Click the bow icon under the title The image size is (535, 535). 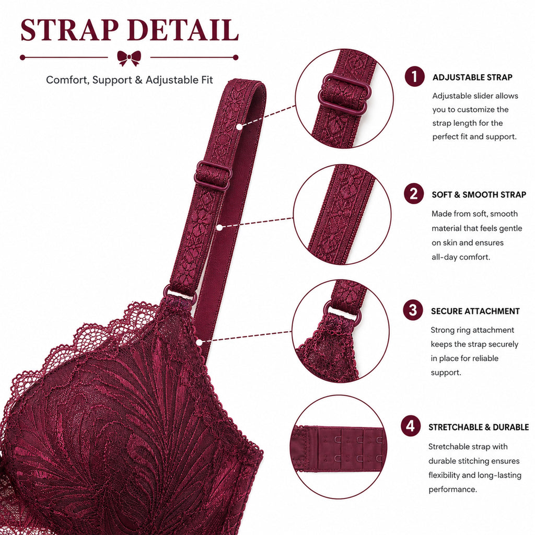click(x=129, y=57)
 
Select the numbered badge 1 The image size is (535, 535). click(x=414, y=76)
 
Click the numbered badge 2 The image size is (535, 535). click(x=414, y=194)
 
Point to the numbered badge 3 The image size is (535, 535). click(x=413, y=310)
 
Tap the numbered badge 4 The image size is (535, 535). click(x=411, y=426)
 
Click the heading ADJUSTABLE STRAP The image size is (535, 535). click(x=472, y=77)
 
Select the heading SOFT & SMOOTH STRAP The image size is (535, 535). click(x=479, y=195)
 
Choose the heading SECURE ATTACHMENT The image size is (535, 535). click(x=475, y=311)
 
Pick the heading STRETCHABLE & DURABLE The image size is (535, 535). click(x=479, y=427)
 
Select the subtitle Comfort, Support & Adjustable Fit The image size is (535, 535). click(x=130, y=80)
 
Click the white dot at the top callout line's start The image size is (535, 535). click(x=239, y=127)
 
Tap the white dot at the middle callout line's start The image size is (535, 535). click(x=220, y=227)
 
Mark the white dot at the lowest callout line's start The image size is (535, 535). click(x=200, y=342)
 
